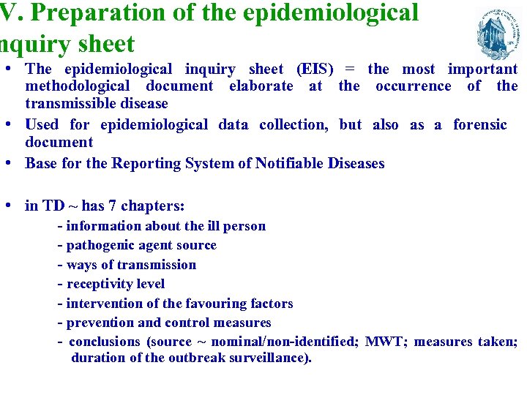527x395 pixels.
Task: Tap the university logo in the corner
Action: click(498, 32)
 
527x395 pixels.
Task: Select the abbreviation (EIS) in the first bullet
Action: click(314, 69)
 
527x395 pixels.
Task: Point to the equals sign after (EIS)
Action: click(350, 69)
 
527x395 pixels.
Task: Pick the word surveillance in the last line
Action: click(272, 358)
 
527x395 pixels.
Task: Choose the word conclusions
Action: click(104, 342)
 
